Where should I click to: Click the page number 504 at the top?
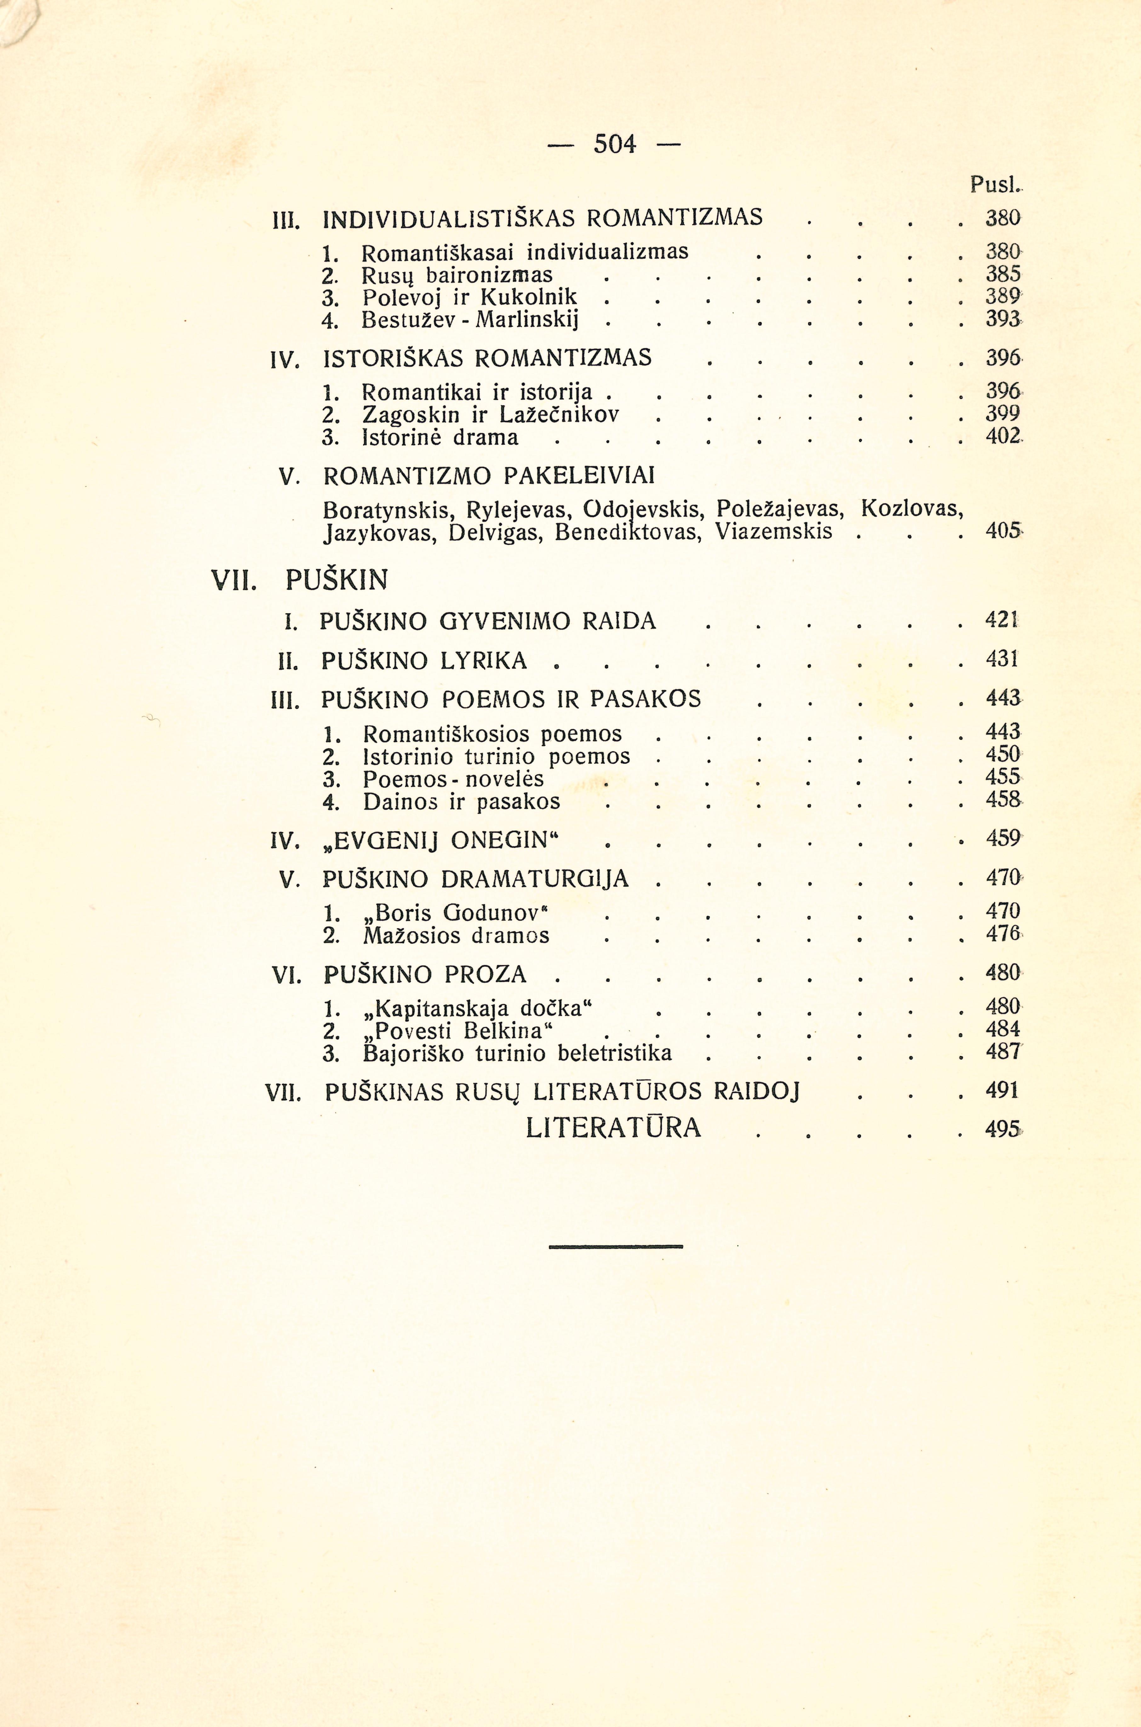click(615, 144)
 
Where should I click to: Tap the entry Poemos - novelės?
click(453, 779)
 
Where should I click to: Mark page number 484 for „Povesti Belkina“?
click(1003, 1030)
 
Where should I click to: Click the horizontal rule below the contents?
click(616, 1247)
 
